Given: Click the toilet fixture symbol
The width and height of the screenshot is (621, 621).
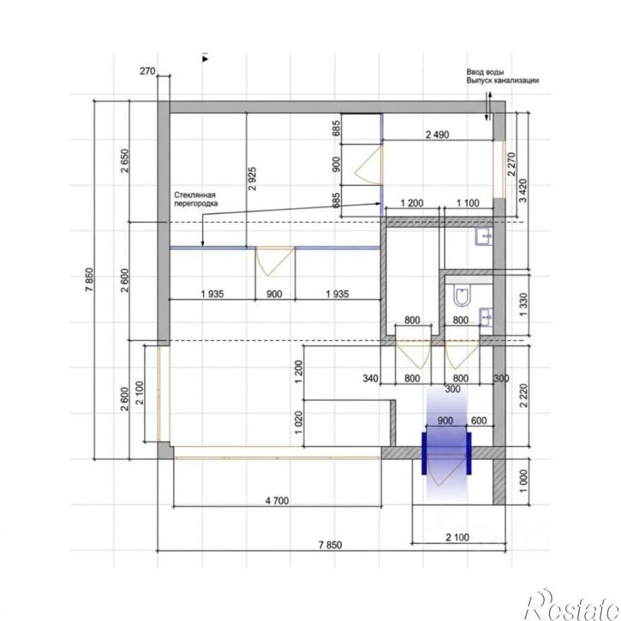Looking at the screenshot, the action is click(462, 296).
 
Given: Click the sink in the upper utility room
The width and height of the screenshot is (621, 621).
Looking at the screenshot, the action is click(484, 236).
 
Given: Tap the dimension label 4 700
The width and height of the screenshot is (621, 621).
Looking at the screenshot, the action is click(277, 501).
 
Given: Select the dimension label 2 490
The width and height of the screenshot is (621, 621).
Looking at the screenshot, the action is click(437, 134).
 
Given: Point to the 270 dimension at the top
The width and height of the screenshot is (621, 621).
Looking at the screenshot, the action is click(147, 71).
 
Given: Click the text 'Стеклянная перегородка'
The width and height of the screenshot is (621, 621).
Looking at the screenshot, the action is click(196, 200).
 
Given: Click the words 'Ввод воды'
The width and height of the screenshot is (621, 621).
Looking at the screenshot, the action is click(485, 72).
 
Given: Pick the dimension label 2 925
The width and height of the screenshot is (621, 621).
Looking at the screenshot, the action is click(252, 178).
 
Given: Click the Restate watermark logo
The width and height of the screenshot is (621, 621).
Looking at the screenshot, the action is click(572, 606).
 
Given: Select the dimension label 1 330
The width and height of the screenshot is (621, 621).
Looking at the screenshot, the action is click(523, 305).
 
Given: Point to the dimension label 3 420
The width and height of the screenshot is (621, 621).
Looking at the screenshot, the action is click(522, 190).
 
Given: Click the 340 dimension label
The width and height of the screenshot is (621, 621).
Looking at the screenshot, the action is click(370, 379).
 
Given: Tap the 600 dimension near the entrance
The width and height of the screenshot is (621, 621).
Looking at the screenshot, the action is click(479, 421).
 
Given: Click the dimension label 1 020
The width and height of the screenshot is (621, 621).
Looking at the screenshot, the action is click(299, 422).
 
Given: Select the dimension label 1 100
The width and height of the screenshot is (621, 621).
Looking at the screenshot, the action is click(468, 203).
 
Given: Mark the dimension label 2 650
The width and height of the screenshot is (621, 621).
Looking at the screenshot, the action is click(125, 160).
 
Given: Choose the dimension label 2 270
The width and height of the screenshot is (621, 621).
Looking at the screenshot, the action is click(511, 164).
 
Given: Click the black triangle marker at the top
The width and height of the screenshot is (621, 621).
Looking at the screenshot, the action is click(206, 59).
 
